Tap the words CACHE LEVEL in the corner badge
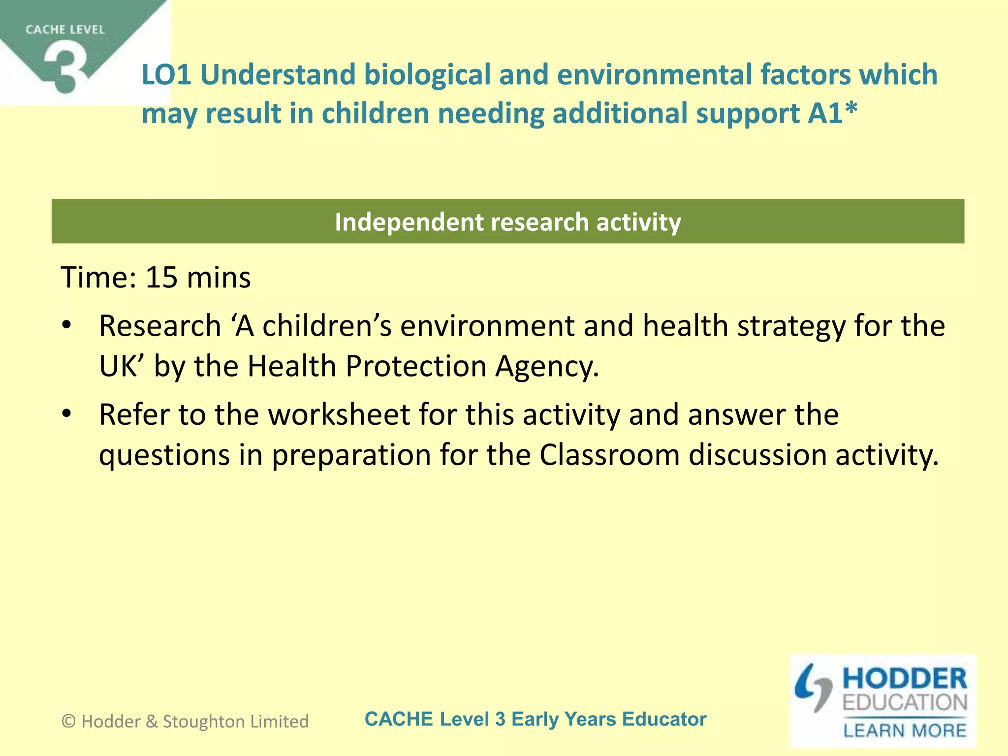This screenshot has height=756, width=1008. [65, 30]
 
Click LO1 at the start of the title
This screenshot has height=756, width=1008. [166, 75]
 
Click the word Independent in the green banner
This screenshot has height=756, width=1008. [409, 222]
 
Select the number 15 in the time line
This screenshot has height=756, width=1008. [161, 277]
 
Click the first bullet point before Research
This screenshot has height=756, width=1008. [67, 326]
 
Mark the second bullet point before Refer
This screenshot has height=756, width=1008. [67, 414]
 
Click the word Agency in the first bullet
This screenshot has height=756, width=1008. [547, 366]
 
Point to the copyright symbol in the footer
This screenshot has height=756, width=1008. [68, 722]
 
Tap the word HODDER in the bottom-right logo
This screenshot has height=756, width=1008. [905, 679]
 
